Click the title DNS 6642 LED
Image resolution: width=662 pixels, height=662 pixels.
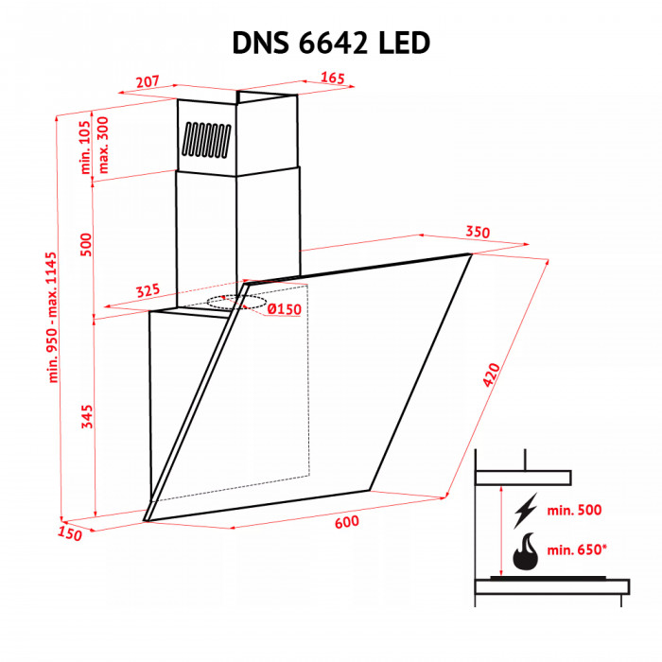coord(331,43)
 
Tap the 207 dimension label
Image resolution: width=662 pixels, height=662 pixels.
coord(147,82)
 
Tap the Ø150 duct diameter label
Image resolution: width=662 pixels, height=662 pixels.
coord(283,309)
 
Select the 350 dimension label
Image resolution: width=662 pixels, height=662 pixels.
coord(479,233)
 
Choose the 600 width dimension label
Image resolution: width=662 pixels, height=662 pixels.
coord(344,520)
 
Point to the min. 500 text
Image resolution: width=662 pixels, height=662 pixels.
coord(574,511)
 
